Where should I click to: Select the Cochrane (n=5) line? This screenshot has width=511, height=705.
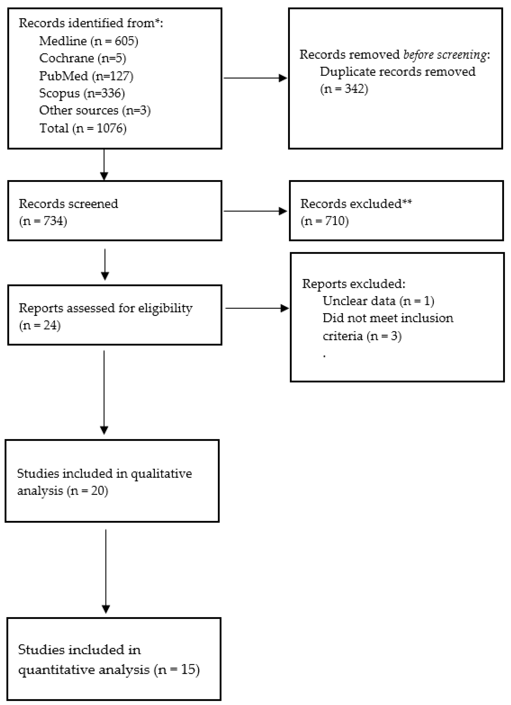82,58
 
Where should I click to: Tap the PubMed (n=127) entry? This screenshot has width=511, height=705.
86,76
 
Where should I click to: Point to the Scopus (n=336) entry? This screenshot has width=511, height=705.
82,93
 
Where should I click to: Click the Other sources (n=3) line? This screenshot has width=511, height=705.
95,110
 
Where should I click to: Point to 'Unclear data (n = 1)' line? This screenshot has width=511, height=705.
378,301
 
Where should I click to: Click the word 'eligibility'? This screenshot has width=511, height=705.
165,308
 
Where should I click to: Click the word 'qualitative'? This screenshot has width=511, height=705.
161,474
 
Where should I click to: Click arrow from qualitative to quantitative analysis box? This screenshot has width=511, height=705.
106,572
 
